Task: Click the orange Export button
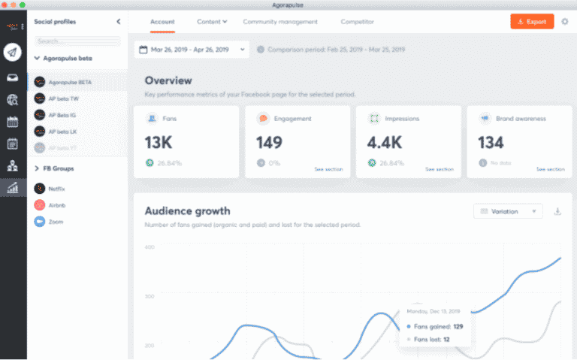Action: [x=532, y=22]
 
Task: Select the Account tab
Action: [x=162, y=22]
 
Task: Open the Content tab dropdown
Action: [x=212, y=22]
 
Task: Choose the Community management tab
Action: [x=280, y=22]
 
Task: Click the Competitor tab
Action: [x=357, y=22]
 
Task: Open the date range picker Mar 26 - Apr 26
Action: [x=192, y=50]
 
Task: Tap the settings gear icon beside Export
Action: [x=565, y=22]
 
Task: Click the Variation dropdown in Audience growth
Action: [x=508, y=211]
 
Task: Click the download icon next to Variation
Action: [x=557, y=211]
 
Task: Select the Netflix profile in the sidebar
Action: [x=57, y=189]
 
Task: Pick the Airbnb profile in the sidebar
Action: [x=57, y=205]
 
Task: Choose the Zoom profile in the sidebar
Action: [x=55, y=222]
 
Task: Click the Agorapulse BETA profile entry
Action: [x=69, y=81]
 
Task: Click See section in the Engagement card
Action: [x=328, y=169]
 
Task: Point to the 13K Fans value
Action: [x=159, y=142]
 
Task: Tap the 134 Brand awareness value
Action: [x=491, y=142]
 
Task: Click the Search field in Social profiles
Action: [x=77, y=41]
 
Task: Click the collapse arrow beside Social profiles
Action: [x=118, y=22]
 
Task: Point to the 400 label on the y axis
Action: [x=149, y=247]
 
